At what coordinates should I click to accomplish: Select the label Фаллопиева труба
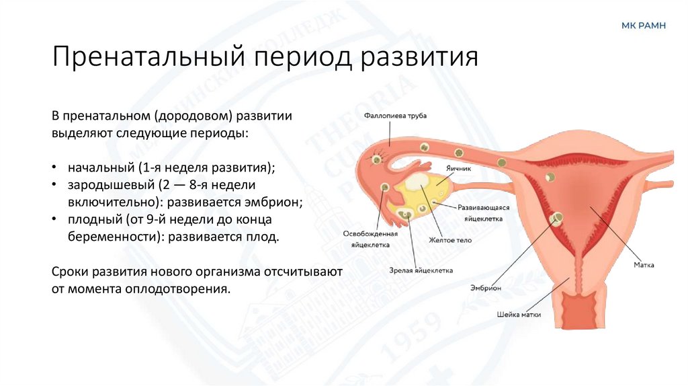pyautogui.click(x=396, y=116)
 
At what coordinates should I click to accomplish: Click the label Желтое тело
pyautogui.click(x=450, y=240)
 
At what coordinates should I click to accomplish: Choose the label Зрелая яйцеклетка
pyautogui.click(x=421, y=270)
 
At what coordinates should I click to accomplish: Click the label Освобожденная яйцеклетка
pyautogui.click(x=371, y=239)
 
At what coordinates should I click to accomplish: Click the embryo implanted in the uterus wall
pyautogui.click(x=558, y=218)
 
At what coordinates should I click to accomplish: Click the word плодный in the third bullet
pyautogui.click(x=93, y=219)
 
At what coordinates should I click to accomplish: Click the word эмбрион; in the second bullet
pyautogui.click(x=273, y=201)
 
